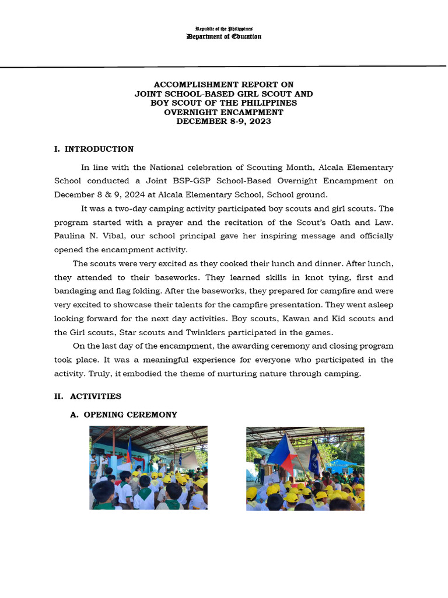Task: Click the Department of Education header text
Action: (224, 37)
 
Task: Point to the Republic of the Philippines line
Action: (224, 29)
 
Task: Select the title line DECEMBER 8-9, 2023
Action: (224, 121)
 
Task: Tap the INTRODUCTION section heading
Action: (99, 149)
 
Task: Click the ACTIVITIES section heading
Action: (96, 396)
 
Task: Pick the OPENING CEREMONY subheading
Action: (130, 415)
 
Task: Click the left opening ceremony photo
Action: (148, 468)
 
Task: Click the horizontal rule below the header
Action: (224, 66)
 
